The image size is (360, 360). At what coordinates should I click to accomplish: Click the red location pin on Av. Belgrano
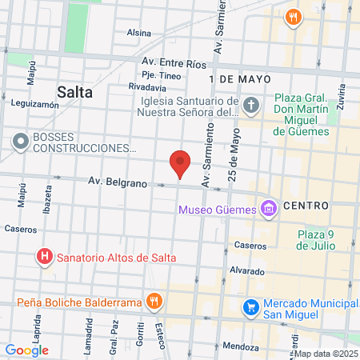tap(181, 164)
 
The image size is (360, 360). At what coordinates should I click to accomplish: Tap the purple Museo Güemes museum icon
tap(268, 210)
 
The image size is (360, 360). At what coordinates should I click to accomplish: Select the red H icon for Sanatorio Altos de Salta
tap(45, 258)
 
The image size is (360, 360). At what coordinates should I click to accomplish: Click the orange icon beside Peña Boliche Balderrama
tap(154, 302)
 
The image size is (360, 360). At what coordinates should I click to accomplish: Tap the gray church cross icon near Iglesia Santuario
tap(251, 106)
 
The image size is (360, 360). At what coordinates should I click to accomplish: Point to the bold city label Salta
tap(75, 91)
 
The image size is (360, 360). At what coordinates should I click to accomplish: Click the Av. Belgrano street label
tap(118, 183)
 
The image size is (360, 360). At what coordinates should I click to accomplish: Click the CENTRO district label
tap(306, 206)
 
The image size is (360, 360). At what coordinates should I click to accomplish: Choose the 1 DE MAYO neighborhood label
tap(239, 79)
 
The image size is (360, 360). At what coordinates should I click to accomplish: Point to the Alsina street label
tap(138, 33)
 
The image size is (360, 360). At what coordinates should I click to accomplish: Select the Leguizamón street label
tap(35, 104)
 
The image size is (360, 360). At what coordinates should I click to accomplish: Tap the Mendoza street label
tap(242, 347)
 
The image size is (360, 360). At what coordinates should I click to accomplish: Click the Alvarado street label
tap(247, 271)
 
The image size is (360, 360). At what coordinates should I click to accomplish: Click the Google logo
tap(26, 350)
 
